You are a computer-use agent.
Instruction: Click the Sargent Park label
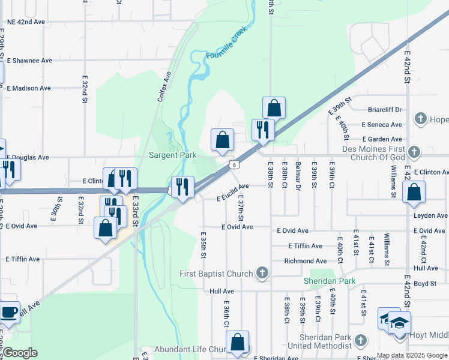pyautogui.click(x=172, y=155)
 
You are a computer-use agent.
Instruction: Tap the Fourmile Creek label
pyautogui.click(x=227, y=46)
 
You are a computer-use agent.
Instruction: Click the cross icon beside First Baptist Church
pyautogui.click(x=261, y=274)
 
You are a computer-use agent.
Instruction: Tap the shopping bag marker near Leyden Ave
pyautogui.click(x=414, y=193)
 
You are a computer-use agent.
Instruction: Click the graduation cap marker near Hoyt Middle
pyautogui.click(x=399, y=323)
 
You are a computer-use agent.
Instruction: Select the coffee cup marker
pyautogui.click(x=9, y=313)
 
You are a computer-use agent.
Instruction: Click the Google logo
pyautogui.click(x=20, y=353)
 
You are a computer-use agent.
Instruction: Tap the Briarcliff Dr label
pyautogui.click(x=385, y=110)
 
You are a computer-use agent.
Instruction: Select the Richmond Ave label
pyautogui.click(x=305, y=261)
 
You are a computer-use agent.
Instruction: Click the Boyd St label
pyautogui.click(x=424, y=283)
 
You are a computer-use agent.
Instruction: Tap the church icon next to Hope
pyautogui.click(x=420, y=119)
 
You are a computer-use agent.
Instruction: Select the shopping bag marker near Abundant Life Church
pyautogui.click(x=238, y=343)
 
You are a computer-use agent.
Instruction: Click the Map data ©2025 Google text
pyautogui.click(x=412, y=355)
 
